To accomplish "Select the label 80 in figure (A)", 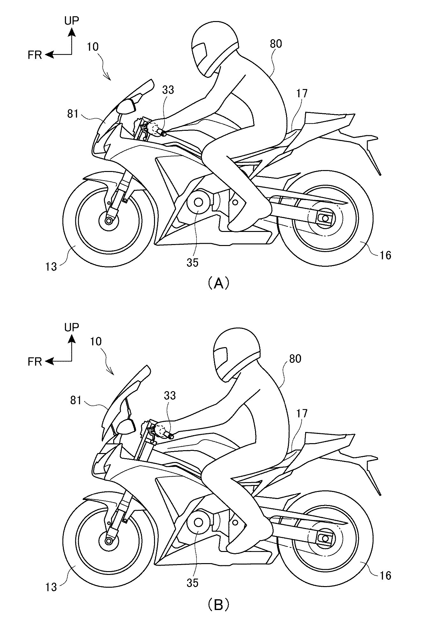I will pos(276,44).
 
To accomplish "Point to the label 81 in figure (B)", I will pos(76,400).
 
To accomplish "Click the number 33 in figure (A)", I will pos(168,90).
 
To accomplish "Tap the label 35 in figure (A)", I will pos(193,262).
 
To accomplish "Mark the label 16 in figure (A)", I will pos(386,255).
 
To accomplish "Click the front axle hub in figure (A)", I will pos(109,220).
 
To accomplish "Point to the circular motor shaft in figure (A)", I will pos(198,203).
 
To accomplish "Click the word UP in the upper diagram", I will pos(71,21).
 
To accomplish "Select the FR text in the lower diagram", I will pos(35,361).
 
